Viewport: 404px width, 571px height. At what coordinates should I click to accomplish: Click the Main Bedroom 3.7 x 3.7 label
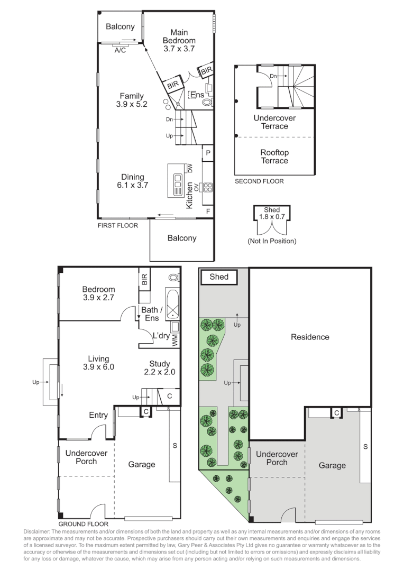[179, 40]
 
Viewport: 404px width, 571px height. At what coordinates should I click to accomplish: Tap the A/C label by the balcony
[120, 50]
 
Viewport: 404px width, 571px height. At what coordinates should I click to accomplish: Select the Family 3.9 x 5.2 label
[132, 100]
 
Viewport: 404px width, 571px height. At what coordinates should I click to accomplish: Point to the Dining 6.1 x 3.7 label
[132, 181]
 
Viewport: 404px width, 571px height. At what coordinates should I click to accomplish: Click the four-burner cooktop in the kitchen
[207, 187]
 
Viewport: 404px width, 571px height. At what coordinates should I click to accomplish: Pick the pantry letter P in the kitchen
[208, 154]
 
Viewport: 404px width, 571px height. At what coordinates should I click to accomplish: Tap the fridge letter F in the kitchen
[208, 211]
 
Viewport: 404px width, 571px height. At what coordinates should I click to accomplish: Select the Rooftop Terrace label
[274, 156]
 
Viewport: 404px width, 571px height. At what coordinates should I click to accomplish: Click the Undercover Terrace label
[274, 122]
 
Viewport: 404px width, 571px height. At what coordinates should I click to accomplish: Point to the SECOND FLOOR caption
[259, 181]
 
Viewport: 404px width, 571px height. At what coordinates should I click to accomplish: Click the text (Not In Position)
[272, 241]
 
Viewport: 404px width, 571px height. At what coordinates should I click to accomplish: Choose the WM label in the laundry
[175, 340]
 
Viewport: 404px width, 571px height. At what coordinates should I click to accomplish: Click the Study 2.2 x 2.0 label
[159, 367]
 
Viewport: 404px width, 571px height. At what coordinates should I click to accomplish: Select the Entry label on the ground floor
[98, 416]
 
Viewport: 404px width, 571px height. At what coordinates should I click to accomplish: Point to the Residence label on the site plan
[310, 337]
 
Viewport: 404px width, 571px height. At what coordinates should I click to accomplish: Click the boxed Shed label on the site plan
[219, 277]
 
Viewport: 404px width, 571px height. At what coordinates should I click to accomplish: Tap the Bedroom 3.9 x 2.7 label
[98, 293]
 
